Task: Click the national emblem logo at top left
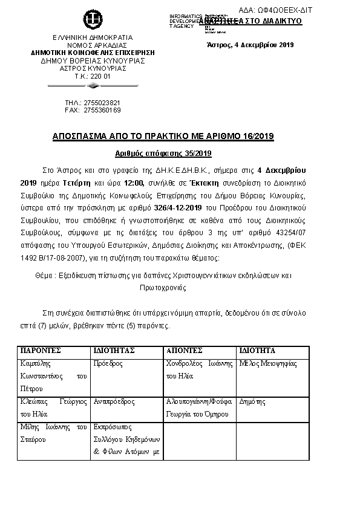point(93,19)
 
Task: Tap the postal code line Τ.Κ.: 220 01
point(92,76)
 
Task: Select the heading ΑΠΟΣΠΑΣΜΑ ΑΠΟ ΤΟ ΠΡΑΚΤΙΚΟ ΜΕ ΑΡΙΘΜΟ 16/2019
point(163,137)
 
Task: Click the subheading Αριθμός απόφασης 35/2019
point(163,154)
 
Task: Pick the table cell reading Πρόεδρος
point(109,364)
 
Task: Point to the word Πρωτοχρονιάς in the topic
point(165,289)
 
